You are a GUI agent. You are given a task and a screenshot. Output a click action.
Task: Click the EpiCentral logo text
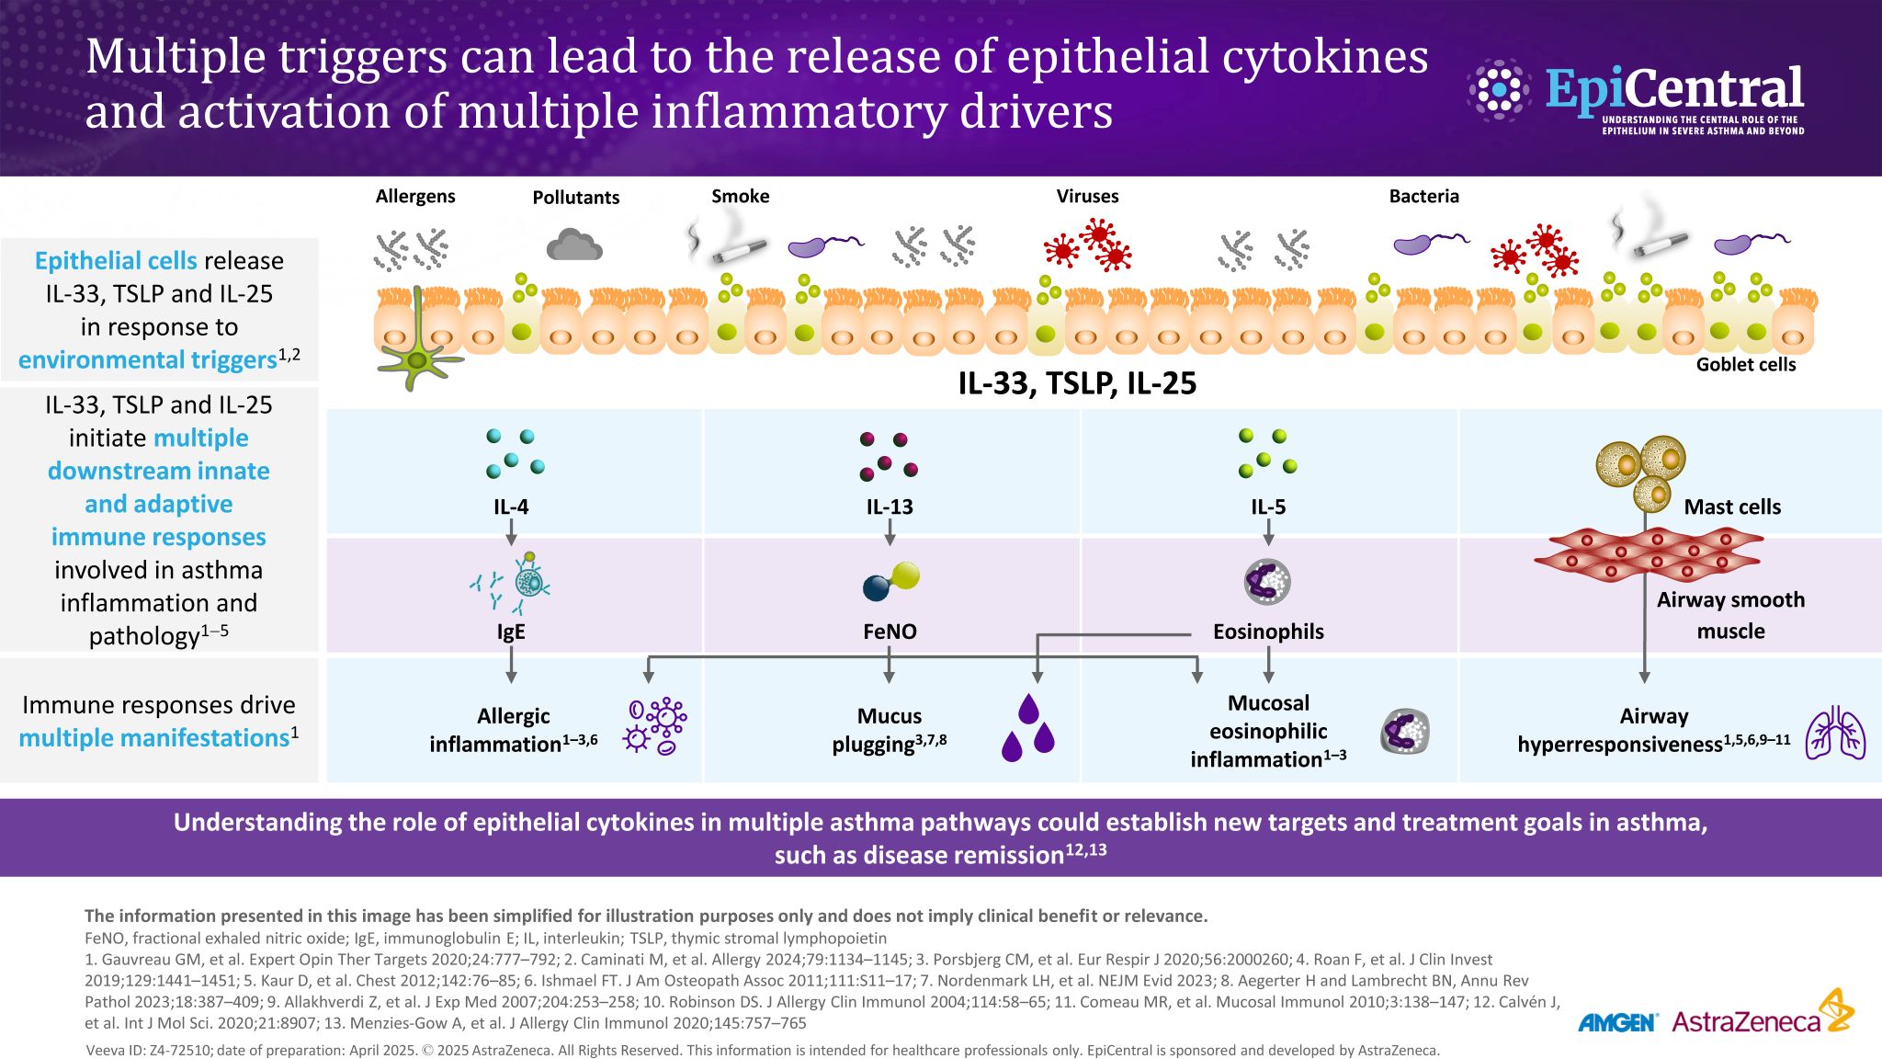point(1674,90)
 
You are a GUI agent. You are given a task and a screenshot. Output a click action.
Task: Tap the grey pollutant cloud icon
point(574,245)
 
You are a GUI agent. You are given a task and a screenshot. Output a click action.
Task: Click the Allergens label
point(415,196)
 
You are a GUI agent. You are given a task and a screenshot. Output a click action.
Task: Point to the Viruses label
point(1087,196)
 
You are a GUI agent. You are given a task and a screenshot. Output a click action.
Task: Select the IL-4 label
point(511,507)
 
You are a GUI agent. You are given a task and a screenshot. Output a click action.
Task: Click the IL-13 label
point(890,507)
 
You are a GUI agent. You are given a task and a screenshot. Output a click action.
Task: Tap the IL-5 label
point(1268,507)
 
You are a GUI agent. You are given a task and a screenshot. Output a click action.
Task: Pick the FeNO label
point(890,632)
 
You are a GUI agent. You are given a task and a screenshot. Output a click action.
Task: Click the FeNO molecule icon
point(890,581)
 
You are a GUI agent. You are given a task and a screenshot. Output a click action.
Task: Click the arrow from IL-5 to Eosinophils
point(1269,532)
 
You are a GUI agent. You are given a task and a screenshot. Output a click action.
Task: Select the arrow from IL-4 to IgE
point(512,532)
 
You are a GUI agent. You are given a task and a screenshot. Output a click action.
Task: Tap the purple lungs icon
point(1835,733)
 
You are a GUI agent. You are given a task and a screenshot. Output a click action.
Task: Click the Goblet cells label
point(1746,364)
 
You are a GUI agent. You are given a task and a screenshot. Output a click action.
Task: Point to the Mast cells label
point(1732,507)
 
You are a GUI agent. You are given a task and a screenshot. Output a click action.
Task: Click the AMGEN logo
point(1617,1022)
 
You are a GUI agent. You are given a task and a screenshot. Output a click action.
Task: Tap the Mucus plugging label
point(890,730)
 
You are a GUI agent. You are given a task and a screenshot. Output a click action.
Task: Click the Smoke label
point(741,196)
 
